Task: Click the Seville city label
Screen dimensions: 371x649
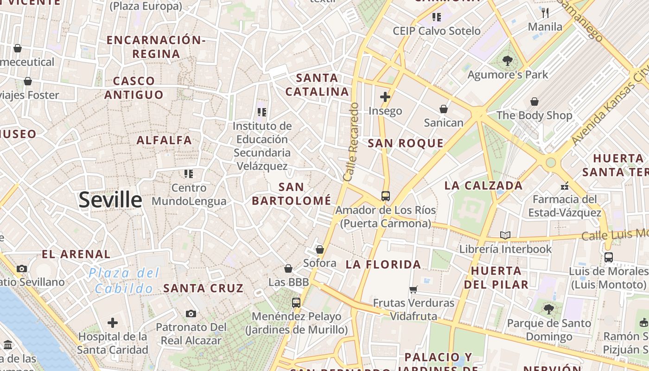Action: pyautogui.click(x=110, y=200)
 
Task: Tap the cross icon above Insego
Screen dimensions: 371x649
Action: pyautogui.click(x=385, y=97)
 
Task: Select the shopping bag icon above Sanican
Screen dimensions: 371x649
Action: pyautogui.click(x=443, y=109)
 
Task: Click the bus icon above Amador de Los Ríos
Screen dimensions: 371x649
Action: pyautogui.click(x=385, y=196)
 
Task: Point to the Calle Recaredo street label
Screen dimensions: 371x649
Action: pyautogui.click(x=351, y=142)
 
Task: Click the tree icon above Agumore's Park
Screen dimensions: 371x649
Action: pyautogui.click(x=508, y=60)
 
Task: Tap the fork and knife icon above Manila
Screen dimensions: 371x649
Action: pyautogui.click(x=545, y=13)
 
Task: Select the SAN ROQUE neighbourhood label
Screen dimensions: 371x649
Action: pyautogui.click(x=406, y=143)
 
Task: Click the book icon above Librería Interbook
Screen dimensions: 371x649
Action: pyautogui.click(x=505, y=236)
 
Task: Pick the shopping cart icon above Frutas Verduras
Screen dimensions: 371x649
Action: pyautogui.click(x=413, y=290)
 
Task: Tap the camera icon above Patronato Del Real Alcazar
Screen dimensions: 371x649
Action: pyautogui.click(x=191, y=314)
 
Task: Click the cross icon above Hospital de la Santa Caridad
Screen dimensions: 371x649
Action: pyautogui.click(x=113, y=323)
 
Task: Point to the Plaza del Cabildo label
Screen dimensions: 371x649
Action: pyautogui.click(x=124, y=281)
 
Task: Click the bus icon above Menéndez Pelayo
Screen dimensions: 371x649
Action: pyautogui.click(x=296, y=303)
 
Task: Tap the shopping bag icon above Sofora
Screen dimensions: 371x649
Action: pyautogui.click(x=319, y=249)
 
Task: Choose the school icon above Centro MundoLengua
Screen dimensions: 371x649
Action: pyautogui.click(x=188, y=174)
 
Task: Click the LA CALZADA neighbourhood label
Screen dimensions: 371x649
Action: pyautogui.click(x=484, y=186)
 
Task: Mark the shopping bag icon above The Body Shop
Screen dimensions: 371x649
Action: pyautogui.click(x=534, y=101)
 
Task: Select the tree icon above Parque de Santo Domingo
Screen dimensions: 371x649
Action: pyautogui.click(x=548, y=309)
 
